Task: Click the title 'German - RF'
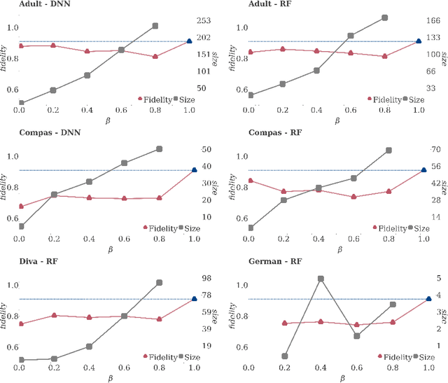click(x=275, y=261)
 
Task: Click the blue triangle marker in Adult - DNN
click(x=189, y=42)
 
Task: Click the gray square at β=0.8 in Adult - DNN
click(x=155, y=26)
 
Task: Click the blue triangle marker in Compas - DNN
click(x=194, y=170)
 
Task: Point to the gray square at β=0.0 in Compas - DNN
click(x=21, y=226)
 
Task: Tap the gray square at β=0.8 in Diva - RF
click(x=159, y=283)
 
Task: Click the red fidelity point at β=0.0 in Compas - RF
click(x=250, y=181)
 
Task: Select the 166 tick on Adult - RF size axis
click(x=435, y=21)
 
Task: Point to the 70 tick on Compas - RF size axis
click(x=435, y=150)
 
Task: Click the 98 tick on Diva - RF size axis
click(x=207, y=278)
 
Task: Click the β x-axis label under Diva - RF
click(x=110, y=378)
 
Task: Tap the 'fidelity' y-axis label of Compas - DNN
click(x=5, y=188)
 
